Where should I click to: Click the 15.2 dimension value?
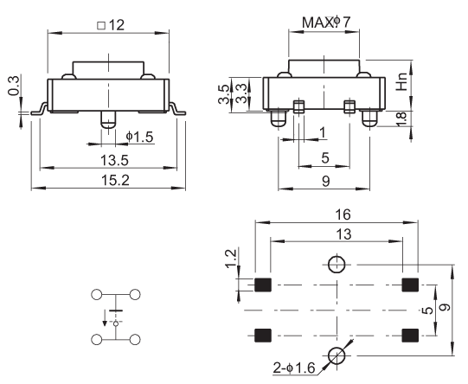[115, 181]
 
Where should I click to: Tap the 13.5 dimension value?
[114, 160]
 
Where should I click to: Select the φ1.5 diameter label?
[139, 137]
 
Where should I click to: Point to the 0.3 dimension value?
[14, 86]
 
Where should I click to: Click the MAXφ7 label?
[326, 22]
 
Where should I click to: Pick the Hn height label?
[401, 81]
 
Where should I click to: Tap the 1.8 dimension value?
[401, 119]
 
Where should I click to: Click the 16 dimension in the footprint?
[343, 214]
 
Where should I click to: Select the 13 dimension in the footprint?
[343, 234]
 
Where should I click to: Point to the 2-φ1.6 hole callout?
[294, 368]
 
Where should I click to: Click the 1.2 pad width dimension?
[231, 259]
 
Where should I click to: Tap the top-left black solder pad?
[263, 285]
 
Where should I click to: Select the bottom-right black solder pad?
[410, 336]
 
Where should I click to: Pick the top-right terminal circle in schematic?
[135, 295]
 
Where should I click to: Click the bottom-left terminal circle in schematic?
[96, 340]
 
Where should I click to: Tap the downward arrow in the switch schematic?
[105, 318]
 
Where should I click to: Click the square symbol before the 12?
[101, 25]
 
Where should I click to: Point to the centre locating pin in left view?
[108, 120]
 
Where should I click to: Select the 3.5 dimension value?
[224, 94]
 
